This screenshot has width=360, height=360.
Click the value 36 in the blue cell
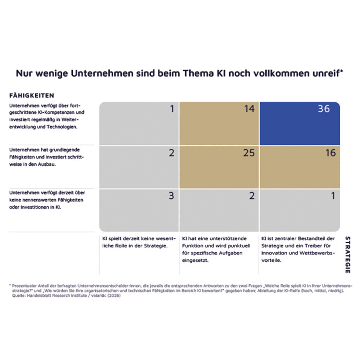coord(323,109)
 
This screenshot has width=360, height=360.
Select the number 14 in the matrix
coord(249,109)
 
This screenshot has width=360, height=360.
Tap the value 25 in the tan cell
coord(248,153)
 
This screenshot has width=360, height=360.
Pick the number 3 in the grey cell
coord(171,196)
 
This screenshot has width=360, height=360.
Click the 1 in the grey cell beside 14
coord(172,109)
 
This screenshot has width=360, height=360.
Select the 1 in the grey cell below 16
coord(333,196)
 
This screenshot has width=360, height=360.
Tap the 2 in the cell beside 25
coord(171,153)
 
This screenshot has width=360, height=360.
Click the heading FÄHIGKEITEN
coord(32,95)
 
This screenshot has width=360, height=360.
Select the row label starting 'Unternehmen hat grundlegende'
coord(47,157)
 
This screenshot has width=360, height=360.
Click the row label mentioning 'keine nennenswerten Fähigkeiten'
coord(47,200)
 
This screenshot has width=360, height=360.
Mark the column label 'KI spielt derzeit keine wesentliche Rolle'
coord(139,242)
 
